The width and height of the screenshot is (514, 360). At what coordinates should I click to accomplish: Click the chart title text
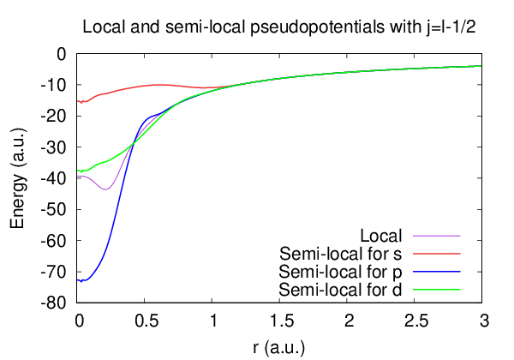(279, 27)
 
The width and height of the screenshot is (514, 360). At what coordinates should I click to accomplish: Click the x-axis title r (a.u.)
(279, 347)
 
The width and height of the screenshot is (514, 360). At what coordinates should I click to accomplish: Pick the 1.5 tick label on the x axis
(280, 321)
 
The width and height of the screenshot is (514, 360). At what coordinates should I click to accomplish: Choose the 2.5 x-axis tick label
(415, 321)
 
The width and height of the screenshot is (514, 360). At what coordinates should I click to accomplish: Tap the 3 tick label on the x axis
(482, 321)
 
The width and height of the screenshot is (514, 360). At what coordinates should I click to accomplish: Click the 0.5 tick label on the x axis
(146, 321)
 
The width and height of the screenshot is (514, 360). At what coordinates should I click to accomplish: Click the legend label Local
(382, 235)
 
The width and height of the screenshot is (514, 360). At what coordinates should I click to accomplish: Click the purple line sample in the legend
(437, 235)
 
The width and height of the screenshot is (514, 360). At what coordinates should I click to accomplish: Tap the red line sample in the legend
(437, 254)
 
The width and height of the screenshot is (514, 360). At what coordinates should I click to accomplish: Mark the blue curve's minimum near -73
(82, 281)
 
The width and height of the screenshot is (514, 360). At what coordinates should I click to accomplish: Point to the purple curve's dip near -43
(105, 189)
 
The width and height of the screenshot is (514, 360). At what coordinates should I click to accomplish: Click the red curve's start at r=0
(79, 101)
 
